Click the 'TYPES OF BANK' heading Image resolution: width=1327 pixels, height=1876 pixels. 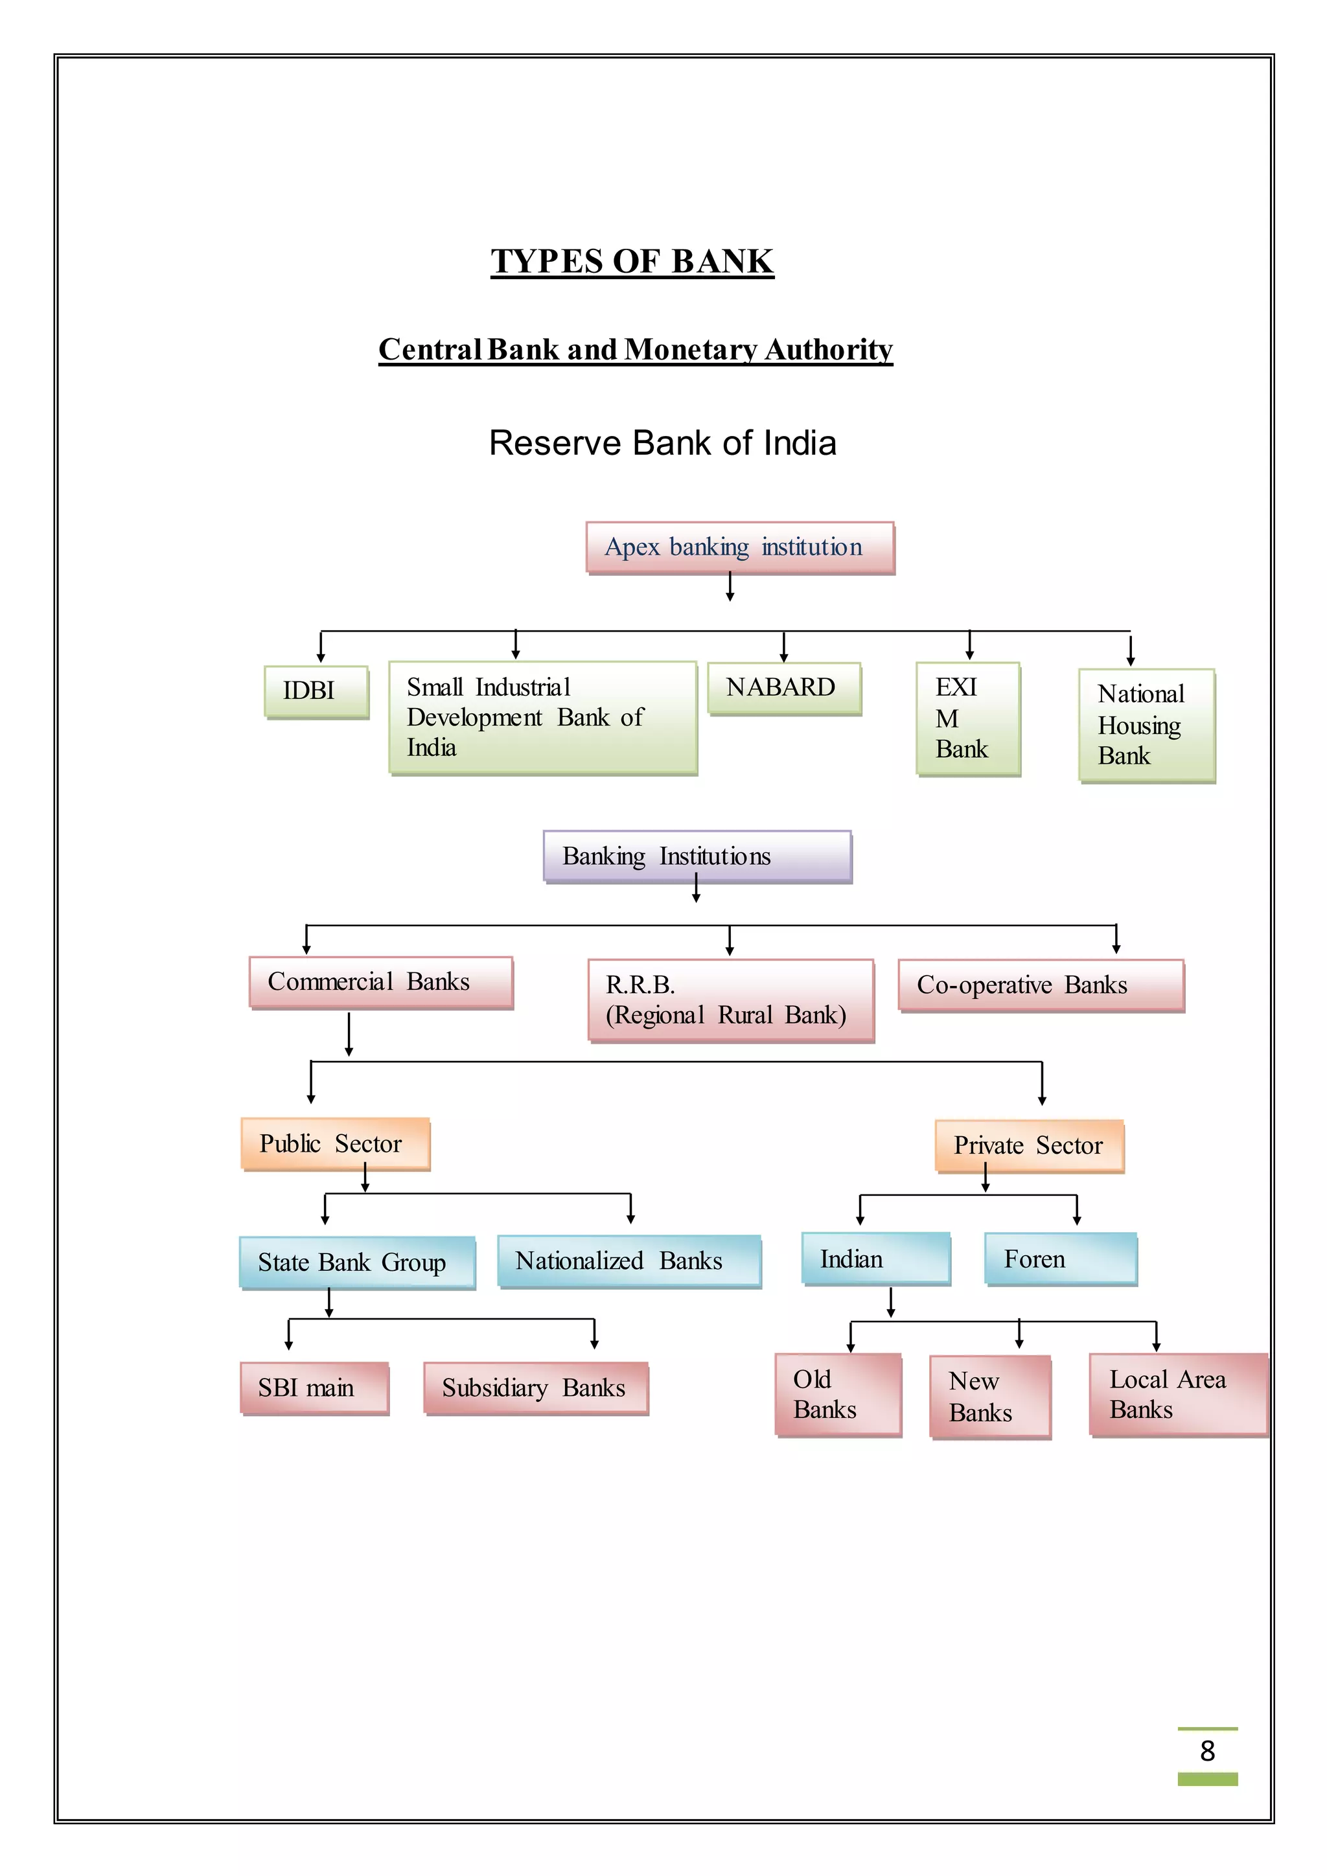632,262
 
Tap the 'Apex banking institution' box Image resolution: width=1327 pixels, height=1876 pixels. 739,547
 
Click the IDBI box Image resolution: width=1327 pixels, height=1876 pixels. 316,691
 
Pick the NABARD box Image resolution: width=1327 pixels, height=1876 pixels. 783,688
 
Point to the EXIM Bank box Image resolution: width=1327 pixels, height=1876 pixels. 967,718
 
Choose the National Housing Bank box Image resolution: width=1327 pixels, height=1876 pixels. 1146,725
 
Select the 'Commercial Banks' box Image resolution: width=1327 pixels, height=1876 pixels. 381,981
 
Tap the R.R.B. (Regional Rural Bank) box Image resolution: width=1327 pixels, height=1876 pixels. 730,1000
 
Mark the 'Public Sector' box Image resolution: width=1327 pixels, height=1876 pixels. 335,1143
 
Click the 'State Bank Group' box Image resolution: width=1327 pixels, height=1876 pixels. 356,1263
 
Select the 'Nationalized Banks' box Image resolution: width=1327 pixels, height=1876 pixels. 629,1261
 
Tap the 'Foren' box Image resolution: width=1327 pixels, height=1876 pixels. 1060,1259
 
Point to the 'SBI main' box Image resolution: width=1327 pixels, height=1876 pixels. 314,1388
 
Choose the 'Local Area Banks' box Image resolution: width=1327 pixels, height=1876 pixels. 1177,1394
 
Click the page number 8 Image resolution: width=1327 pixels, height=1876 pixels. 1207,1750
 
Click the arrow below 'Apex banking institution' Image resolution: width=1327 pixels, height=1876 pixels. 730,588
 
